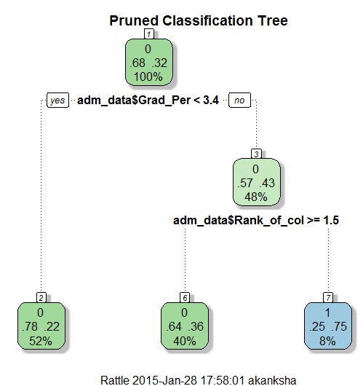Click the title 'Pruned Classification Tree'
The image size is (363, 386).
coord(199,21)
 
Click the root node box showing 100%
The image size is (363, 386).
coord(149,63)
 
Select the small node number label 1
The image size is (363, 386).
coord(149,34)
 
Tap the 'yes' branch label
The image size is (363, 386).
coord(57,101)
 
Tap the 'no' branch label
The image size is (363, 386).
coord(239,101)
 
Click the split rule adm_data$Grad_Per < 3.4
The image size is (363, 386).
coord(148,101)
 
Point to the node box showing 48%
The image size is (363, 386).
coord(257,182)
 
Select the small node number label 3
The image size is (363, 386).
coord(256,154)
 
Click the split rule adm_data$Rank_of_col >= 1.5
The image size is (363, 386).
coord(256,221)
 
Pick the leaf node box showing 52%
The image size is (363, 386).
coord(41,326)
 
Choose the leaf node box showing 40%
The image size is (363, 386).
coord(185,326)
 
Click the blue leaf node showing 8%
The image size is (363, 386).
coord(328,326)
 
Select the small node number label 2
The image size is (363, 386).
coord(41,298)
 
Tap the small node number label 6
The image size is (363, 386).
coord(185,298)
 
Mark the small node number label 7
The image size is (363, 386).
coord(328,298)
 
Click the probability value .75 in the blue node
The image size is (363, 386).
coord(339,327)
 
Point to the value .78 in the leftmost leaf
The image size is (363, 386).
coord(30,327)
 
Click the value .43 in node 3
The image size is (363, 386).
coord(267,183)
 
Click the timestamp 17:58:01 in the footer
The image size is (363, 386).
coord(223,380)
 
